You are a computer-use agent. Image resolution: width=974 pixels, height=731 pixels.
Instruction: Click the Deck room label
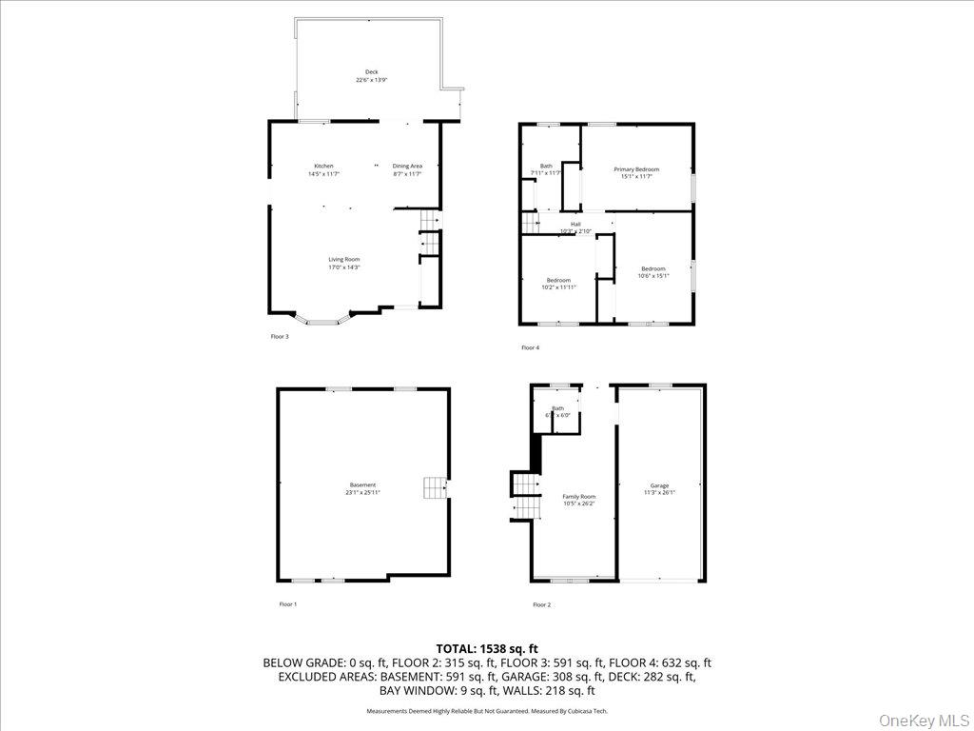pos(371,72)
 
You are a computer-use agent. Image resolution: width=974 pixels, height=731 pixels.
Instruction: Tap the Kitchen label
pos(323,167)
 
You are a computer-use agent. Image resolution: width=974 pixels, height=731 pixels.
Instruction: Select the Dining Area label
pos(407,167)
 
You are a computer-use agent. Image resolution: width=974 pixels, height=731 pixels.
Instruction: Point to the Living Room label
pos(344,259)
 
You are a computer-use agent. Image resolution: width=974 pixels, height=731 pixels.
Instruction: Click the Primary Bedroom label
pos(636,169)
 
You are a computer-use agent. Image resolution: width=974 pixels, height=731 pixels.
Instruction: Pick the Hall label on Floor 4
pos(575,224)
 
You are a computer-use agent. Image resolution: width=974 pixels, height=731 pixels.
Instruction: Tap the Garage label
pos(659,485)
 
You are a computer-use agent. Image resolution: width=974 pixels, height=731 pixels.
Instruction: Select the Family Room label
pos(578,497)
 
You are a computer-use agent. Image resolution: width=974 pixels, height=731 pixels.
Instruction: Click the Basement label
pos(361,485)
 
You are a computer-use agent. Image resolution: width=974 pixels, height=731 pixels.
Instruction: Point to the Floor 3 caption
pos(280,336)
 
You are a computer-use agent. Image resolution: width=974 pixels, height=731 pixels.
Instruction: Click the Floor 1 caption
pos(287,604)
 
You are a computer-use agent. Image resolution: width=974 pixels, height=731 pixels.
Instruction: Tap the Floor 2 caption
pos(541,604)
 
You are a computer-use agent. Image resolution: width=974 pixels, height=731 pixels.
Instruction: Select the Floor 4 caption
pos(530,347)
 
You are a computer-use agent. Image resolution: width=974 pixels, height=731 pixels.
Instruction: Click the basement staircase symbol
pos(435,488)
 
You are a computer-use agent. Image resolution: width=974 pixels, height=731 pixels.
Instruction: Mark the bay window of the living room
pos(322,320)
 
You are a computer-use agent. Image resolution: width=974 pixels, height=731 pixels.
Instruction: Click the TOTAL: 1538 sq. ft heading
pos(486,648)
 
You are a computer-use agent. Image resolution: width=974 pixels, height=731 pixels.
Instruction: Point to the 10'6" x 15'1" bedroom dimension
pos(653,276)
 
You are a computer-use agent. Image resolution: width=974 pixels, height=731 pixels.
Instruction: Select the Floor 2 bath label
pos(557,408)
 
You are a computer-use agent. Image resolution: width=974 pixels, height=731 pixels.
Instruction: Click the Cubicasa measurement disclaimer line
pos(486,711)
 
